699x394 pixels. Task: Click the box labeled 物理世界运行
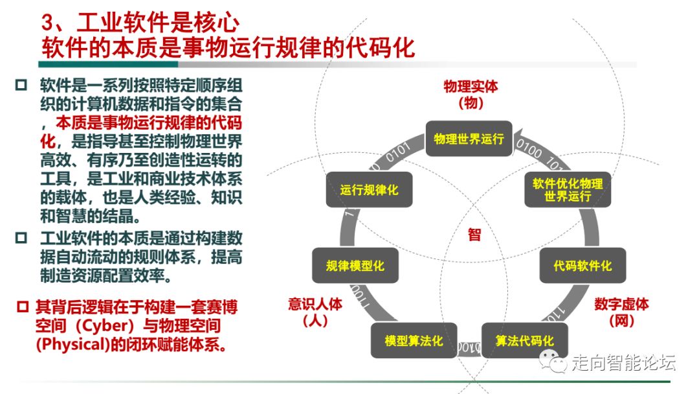[x=469, y=139]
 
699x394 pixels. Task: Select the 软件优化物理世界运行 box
[x=567, y=189]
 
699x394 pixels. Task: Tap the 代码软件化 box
[x=582, y=265]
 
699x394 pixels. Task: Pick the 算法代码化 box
[x=524, y=340]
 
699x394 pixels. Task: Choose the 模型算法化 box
[x=414, y=340]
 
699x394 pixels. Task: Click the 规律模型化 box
[x=355, y=265]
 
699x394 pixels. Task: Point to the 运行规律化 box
[x=370, y=190]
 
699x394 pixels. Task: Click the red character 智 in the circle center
[x=474, y=235]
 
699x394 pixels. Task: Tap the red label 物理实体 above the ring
[x=471, y=87]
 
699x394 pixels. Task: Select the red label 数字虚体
[x=621, y=304]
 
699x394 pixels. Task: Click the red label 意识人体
[x=315, y=304]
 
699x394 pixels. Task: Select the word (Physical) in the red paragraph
[x=72, y=344]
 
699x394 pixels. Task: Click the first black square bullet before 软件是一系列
[x=21, y=86]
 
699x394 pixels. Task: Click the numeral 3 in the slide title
[x=49, y=25]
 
